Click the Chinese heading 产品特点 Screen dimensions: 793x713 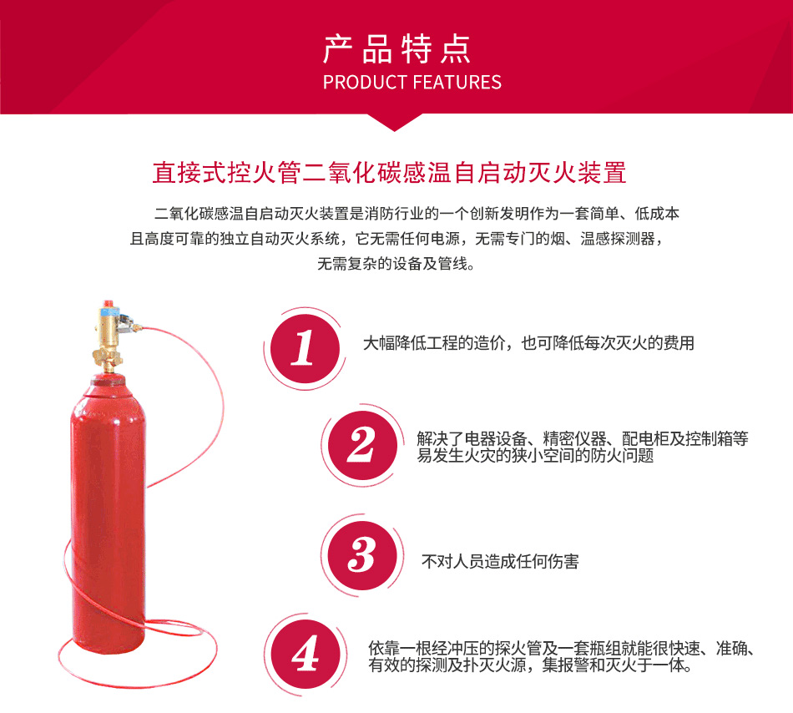pos(397,49)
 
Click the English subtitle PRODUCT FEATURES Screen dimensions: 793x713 pos(412,83)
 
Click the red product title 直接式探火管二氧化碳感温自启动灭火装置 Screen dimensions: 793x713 pos(390,173)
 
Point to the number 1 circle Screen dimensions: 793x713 pos(305,348)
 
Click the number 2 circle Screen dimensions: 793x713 pos(362,446)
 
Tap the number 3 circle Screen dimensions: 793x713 pos(362,555)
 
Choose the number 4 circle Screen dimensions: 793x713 pos(305,654)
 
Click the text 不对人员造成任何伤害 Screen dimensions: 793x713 pos(500,561)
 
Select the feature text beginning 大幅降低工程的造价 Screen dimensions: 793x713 pos(528,343)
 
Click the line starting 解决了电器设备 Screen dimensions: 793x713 pos(583,438)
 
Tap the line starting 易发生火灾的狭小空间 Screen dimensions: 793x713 pos(535,455)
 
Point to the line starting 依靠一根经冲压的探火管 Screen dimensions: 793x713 pos(562,648)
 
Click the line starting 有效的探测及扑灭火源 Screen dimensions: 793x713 pos(530,665)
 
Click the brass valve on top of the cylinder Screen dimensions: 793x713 pos(109,339)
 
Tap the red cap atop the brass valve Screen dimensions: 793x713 pos(107,304)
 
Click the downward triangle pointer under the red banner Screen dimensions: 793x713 pos(395,123)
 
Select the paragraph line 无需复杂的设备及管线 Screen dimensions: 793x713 pos(396,264)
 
